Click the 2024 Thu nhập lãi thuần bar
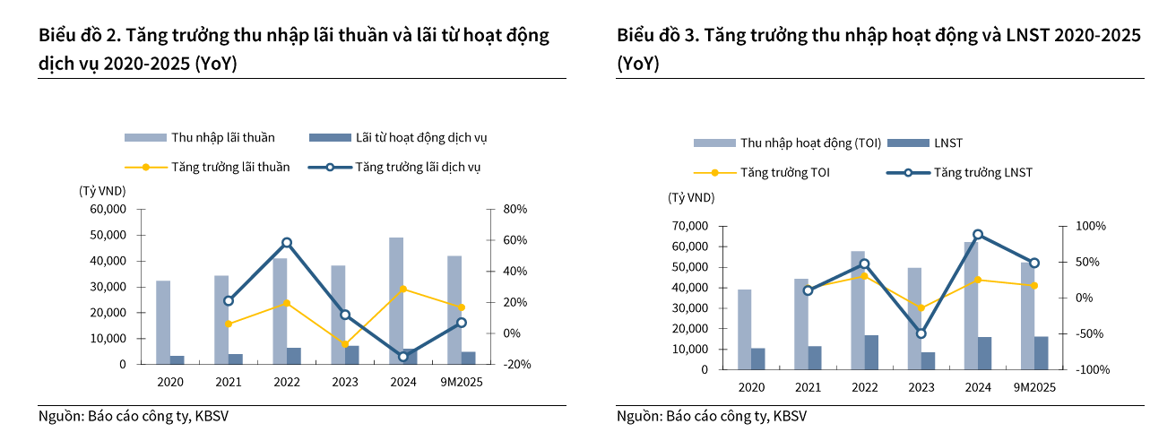396,300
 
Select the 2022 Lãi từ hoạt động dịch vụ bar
294,356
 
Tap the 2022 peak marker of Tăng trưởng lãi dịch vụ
287,243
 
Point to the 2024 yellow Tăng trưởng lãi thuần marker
403,289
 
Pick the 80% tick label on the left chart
516,210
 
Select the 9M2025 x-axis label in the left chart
461,383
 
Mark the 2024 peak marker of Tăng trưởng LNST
978,235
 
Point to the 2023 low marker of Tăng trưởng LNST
921,333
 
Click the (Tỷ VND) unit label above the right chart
690,197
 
